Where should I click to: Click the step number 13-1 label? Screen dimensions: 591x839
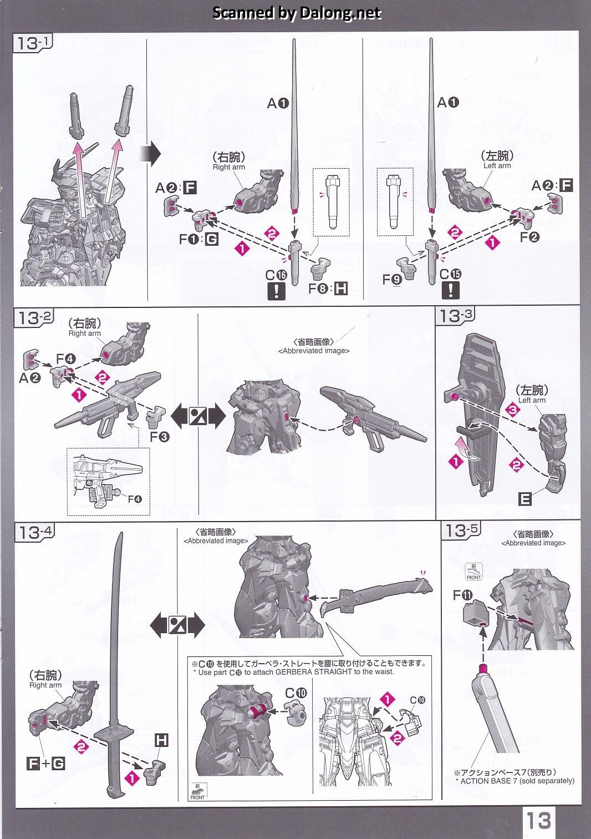(x=33, y=42)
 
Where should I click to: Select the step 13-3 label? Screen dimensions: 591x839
(x=455, y=315)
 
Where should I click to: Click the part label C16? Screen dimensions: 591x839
(x=276, y=275)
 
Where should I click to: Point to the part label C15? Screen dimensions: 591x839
(x=450, y=274)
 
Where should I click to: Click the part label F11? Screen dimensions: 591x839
(x=462, y=595)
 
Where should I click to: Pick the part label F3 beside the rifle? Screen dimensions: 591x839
(x=160, y=436)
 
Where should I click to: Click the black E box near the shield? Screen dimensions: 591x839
(x=525, y=499)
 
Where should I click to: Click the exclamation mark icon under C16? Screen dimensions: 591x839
(x=276, y=291)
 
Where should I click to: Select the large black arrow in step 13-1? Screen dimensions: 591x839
(x=150, y=154)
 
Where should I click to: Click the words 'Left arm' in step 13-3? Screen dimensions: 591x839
(x=532, y=400)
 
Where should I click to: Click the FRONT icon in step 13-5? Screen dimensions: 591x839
(x=473, y=572)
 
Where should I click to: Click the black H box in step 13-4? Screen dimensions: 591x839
(x=161, y=740)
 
